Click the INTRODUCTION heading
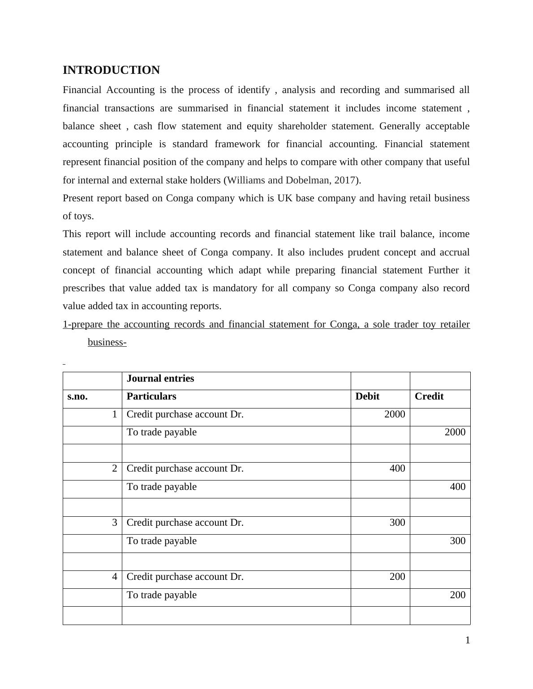[x=111, y=70]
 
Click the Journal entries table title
[x=160, y=379]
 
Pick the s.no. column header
[x=77, y=396]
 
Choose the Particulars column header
[x=151, y=396]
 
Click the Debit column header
[x=367, y=396]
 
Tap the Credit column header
[x=429, y=396]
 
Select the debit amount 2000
[x=395, y=414]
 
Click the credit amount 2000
[x=455, y=432]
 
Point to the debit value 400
[x=397, y=468]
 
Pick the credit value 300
[x=458, y=541]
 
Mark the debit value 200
[x=397, y=577]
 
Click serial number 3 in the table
[x=115, y=523]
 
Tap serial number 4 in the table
[x=115, y=577]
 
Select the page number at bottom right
[x=468, y=641]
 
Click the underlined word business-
[x=107, y=342]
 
